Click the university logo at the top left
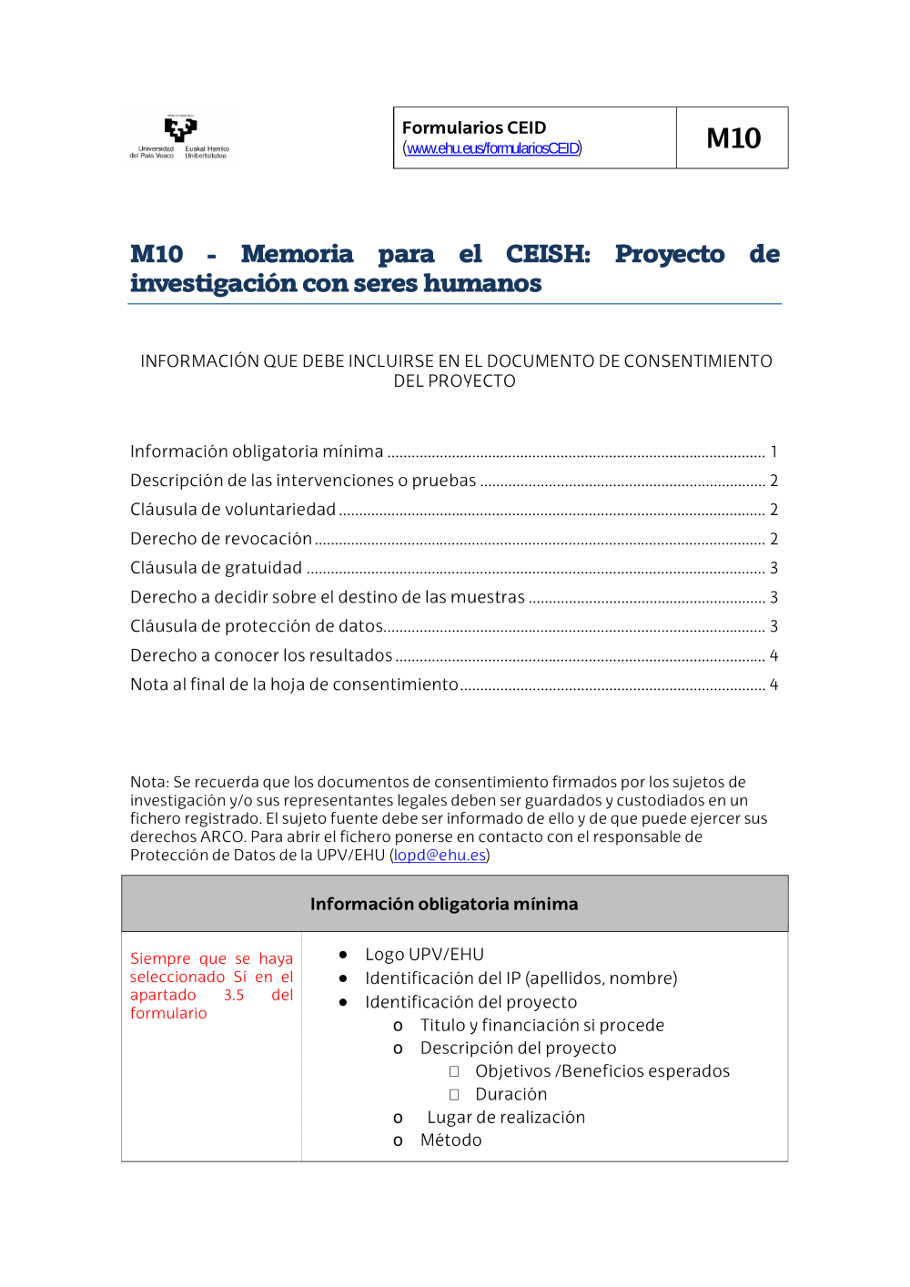coord(179,137)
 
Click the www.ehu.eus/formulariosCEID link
coord(492,148)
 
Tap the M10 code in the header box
coord(733,138)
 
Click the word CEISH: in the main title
coord(548,254)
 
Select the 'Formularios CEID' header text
coord(474,127)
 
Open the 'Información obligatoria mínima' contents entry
coord(257,451)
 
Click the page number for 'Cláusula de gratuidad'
coord(773,568)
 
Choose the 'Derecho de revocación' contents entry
coord(221,539)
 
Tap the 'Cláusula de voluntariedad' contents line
coord(233,510)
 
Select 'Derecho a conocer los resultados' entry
coord(261,655)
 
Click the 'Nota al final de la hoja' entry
coord(294,684)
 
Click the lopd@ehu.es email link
coord(440,856)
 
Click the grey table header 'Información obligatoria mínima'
coord(444,904)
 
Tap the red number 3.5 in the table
coord(234,996)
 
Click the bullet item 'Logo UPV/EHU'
coord(424,955)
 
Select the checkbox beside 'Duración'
coord(454,1095)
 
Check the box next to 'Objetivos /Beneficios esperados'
coord(454,1072)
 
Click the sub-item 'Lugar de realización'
coord(506,1118)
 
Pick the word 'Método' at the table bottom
coord(450,1140)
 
